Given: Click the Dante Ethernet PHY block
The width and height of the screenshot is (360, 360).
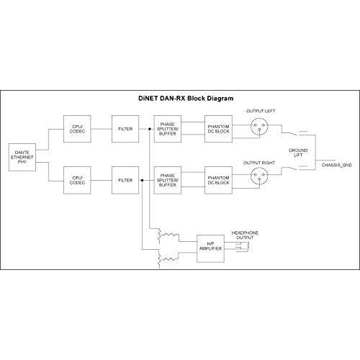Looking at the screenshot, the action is point(22,157).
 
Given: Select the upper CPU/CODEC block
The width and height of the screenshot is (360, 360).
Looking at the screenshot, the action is point(77,129).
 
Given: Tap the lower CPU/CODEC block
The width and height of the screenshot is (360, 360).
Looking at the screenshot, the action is point(77,180).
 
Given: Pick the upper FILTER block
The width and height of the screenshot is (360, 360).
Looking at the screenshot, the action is point(125,129).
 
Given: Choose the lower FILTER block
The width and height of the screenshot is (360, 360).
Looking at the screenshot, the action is point(125,180).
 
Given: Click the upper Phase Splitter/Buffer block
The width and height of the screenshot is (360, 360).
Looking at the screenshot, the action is point(168,129).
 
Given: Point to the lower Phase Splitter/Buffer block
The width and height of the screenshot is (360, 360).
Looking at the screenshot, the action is point(168,180).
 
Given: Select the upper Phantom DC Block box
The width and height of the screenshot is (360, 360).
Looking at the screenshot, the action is point(218,129).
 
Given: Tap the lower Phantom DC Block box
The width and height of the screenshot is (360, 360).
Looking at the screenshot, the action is point(218,180).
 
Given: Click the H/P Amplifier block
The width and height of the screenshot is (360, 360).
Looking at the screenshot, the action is point(210,248).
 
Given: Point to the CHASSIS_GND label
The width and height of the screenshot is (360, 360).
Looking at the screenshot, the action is point(337,165).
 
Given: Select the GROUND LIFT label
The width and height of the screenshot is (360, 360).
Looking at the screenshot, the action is point(298,153).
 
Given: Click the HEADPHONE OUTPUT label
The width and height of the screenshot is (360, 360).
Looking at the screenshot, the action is point(245,235).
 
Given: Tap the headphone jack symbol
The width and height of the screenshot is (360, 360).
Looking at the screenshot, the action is point(243,247).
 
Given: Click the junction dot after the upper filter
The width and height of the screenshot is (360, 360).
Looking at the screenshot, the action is point(150,129).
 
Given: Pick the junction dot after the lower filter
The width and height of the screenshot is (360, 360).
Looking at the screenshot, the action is point(142,180).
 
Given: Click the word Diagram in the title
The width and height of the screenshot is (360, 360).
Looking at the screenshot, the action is point(220,99).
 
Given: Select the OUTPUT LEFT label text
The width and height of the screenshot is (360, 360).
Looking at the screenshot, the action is point(261,111).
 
